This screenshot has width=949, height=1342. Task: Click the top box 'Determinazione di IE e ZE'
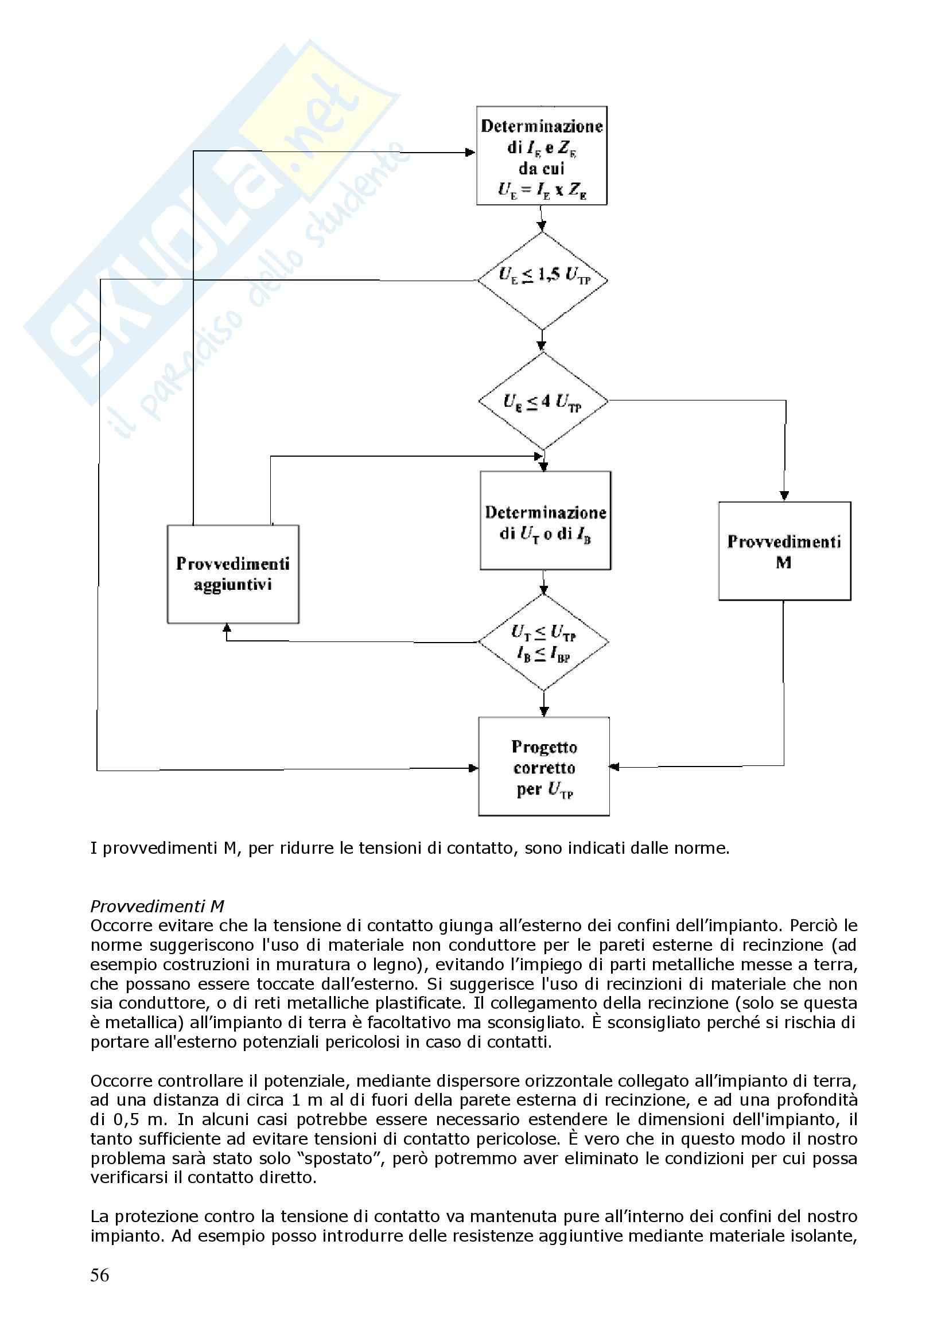pos(541,155)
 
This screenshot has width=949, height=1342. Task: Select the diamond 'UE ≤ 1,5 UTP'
pos(543,280)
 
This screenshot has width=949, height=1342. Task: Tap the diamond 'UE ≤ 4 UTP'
pos(543,402)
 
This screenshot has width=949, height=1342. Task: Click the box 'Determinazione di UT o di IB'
pos(545,521)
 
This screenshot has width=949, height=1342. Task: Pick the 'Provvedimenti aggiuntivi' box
pos(233,574)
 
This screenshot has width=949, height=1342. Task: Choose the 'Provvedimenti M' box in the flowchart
pos(784,551)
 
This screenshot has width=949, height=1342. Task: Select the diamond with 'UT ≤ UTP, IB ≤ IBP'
pos(543,643)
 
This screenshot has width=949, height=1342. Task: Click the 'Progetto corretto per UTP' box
pos(544,767)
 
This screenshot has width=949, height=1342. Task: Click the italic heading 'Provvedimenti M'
pos(157,906)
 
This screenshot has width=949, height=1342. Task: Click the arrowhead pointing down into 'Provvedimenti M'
pos(784,496)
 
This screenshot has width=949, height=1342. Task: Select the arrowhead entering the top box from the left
pos(470,153)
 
